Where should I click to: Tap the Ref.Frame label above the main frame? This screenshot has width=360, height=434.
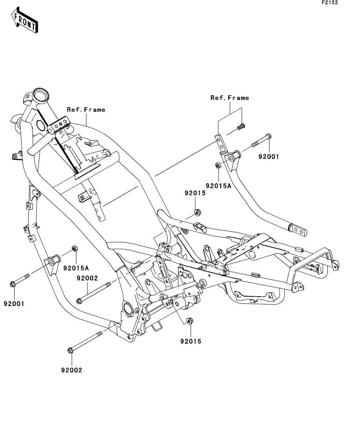coord(86,110)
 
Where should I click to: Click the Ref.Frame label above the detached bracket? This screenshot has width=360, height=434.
coord(230,98)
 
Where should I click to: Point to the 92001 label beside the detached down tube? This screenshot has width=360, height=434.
coord(269,157)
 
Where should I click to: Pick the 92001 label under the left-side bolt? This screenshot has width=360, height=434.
coord(14,304)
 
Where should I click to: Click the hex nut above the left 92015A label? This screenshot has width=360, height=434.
coord(74,248)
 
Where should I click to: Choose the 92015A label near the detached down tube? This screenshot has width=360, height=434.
coord(218,185)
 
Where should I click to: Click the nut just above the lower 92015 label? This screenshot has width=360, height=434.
coord(190,321)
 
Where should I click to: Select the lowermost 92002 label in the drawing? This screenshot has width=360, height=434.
coord(71,370)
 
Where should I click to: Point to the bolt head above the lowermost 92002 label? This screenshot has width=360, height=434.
coord(71,350)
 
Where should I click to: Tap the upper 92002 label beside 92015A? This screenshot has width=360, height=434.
coord(87,278)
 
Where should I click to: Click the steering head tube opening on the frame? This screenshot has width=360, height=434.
coord(41,95)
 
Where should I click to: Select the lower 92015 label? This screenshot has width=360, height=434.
coord(191,342)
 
